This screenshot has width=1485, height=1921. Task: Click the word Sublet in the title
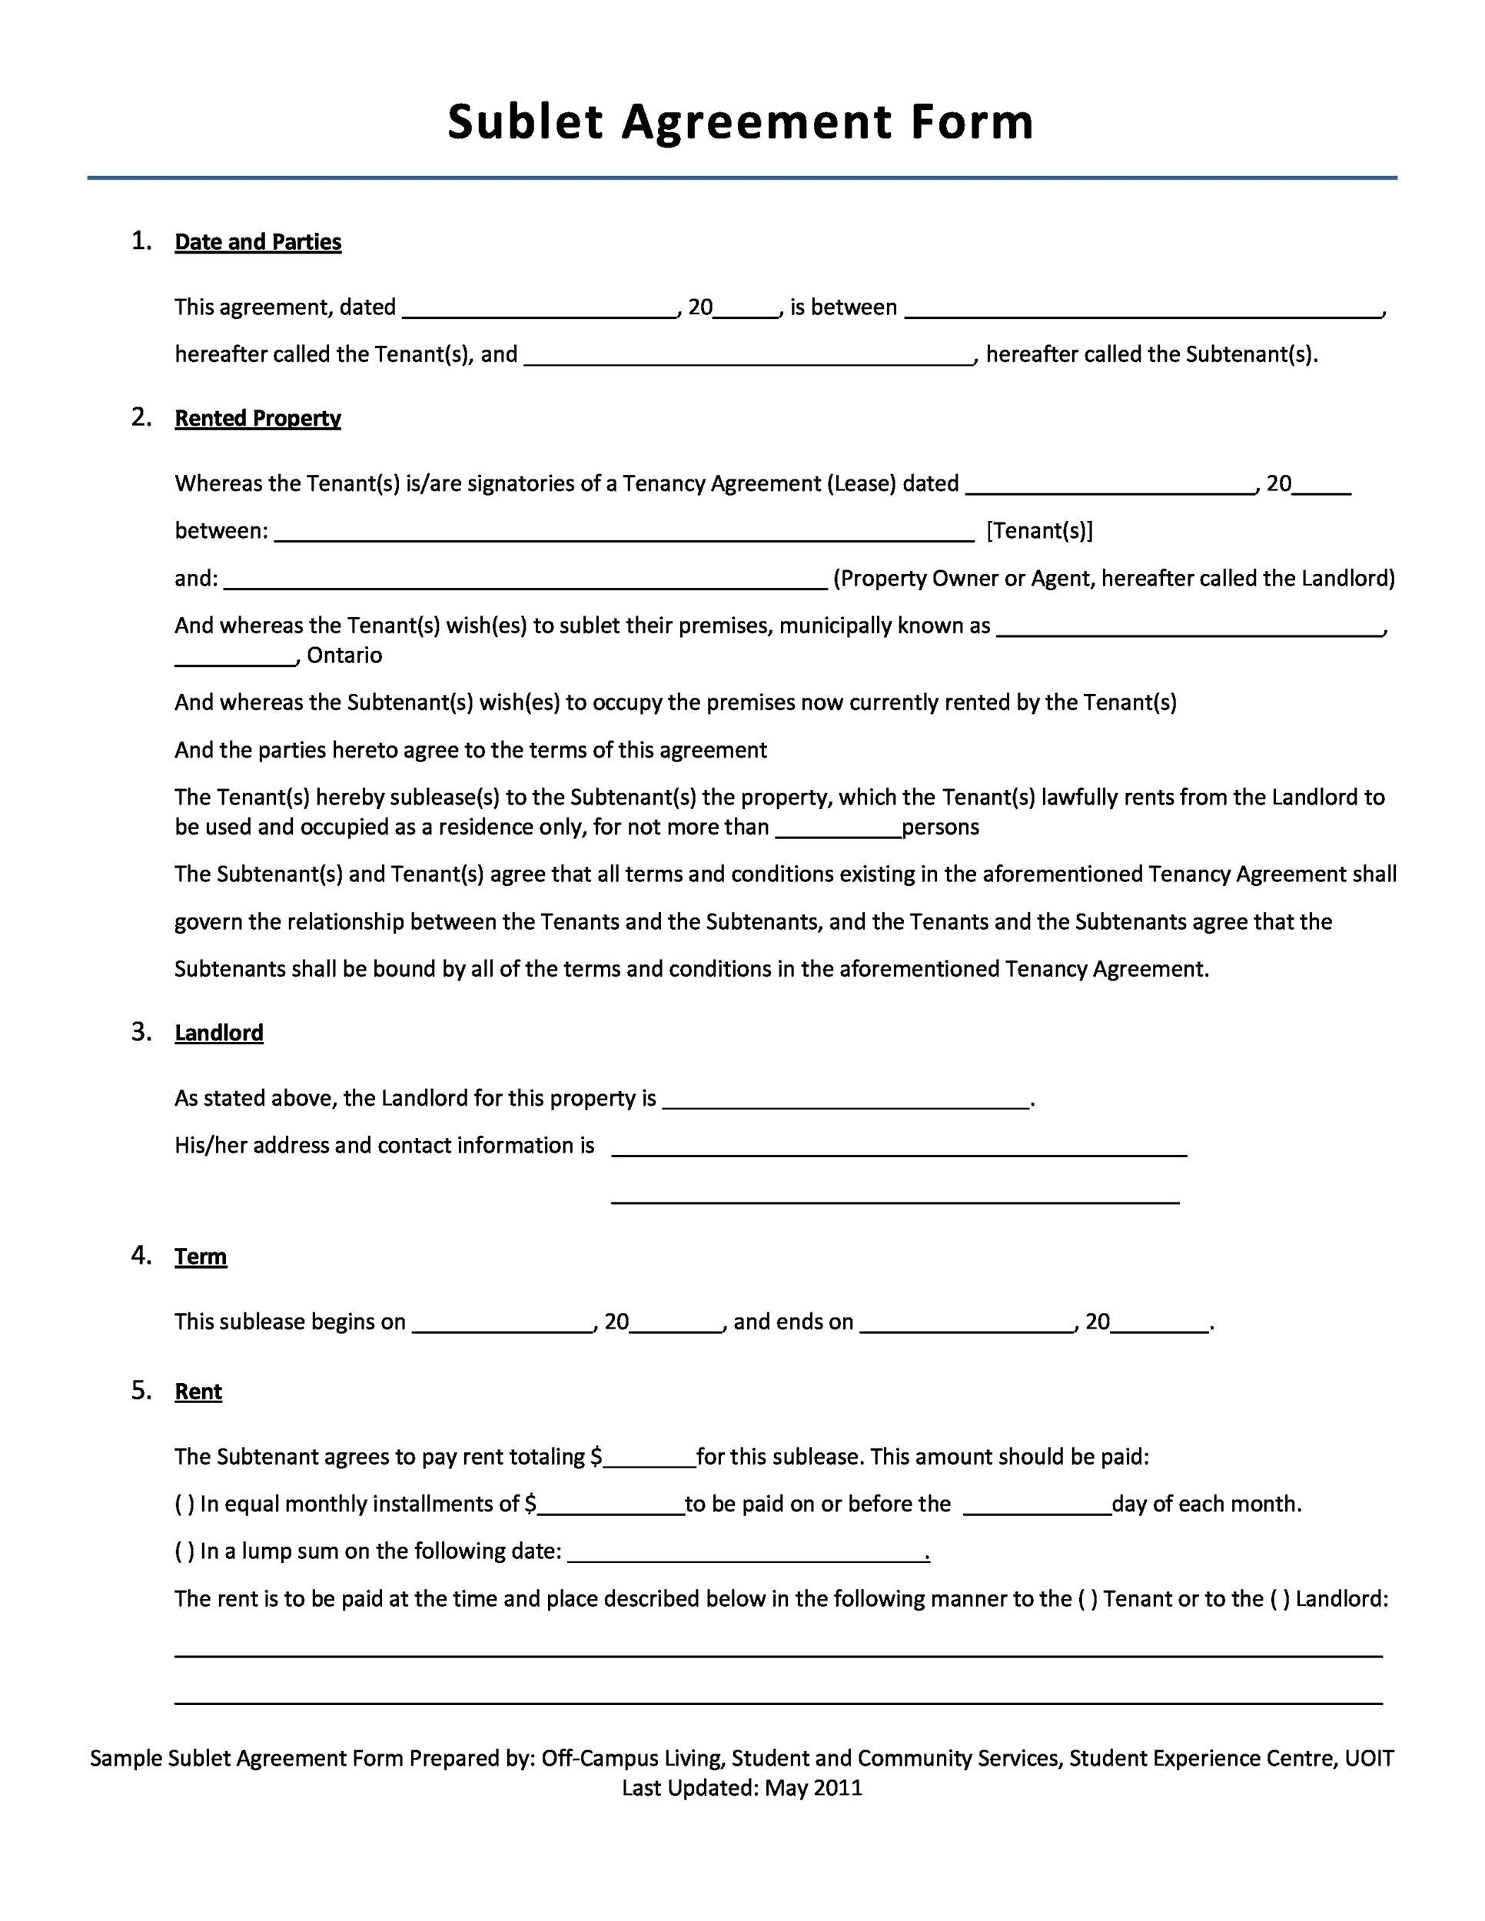coord(525,121)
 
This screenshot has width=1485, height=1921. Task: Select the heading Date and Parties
coord(257,242)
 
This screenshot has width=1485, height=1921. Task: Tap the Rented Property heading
coord(257,418)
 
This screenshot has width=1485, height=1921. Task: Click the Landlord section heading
coord(219,1033)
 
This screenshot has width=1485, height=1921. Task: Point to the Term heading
coord(201,1256)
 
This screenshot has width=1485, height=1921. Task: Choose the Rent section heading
coord(198,1392)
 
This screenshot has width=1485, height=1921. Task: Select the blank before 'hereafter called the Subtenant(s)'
coord(749,355)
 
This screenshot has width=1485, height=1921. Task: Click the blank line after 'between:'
coord(625,533)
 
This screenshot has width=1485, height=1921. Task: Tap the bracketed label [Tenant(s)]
coord(1040,531)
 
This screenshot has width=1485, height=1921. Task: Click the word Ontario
coord(344,655)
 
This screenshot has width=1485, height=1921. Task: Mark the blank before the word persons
coord(839,828)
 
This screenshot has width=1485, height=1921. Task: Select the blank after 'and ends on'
coord(967,1323)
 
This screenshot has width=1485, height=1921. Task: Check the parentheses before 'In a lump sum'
coord(184,1551)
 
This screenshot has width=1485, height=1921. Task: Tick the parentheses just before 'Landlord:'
coord(1280,1599)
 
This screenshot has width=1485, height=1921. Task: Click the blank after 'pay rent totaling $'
coord(649,1458)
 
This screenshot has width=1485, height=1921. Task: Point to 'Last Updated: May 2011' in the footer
coord(742,1788)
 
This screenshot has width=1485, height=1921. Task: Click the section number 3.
coord(141,1032)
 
